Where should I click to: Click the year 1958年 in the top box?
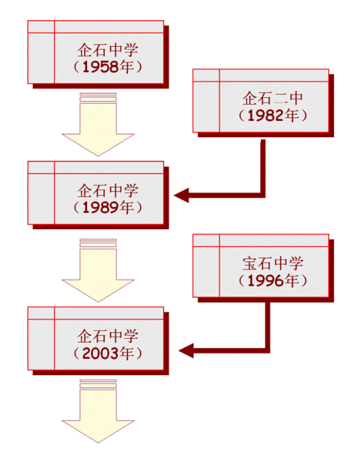pyautogui.click(x=108, y=67)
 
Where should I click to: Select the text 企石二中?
pyautogui.click(x=273, y=98)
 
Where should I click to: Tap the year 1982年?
pyautogui.click(x=273, y=115)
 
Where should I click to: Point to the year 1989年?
pyautogui.click(x=108, y=207)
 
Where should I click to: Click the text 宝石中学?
pyautogui.click(x=273, y=263)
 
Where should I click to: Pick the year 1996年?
pyautogui.click(x=273, y=281)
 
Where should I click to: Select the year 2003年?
pyautogui.click(x=108, y=353)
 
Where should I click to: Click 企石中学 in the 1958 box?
pyautogui.click(x=108, y=50)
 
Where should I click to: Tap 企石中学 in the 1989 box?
pyautogui.click(x=108, y=191)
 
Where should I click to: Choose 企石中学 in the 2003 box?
pyautogui.click(x=108, y=336)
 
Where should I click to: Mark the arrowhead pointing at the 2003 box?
pyautogui.click(x=186, y=350)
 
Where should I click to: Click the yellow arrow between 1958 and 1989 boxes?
pyautogui.click(x=98, y=125)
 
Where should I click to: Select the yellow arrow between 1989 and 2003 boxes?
pyautogui.click(x=98, y=271)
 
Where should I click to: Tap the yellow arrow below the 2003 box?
pyautogui.click(x=98, y=412)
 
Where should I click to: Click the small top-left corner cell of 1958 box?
pyautogui.click(x=41, y=27)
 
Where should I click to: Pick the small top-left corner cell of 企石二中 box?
pyautogui.click(x=206, y=75)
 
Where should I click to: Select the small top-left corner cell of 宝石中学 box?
pyautogui.click(x=206, y=240)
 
